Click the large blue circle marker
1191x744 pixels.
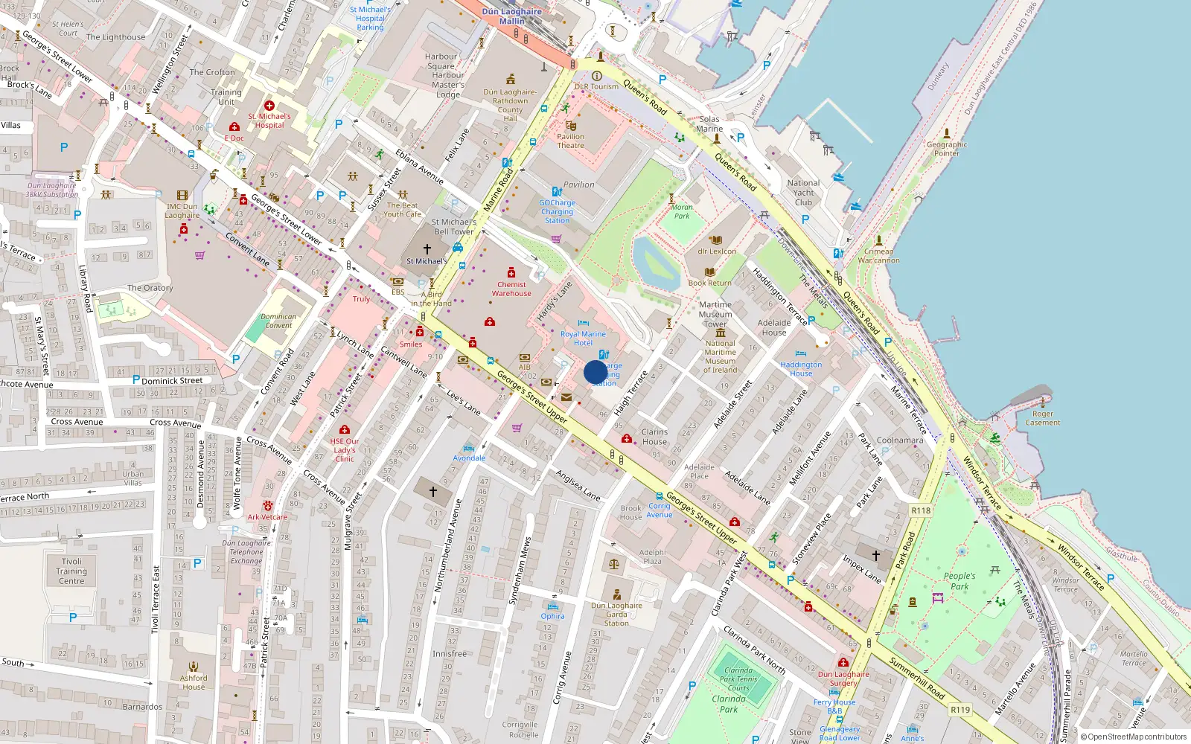(x=595, y=372)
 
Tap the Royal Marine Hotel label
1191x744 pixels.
(x=583, y=339)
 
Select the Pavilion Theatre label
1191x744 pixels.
(x=570, y=141)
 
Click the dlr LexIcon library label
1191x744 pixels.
(x=717, y=251)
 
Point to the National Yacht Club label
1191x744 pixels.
(x=803, y=193)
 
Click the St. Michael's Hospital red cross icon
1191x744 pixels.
(x=269, y=106)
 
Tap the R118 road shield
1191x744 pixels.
(x=921, y=510)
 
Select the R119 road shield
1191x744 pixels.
(x=960, y=710)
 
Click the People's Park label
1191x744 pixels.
(x=959, y=581)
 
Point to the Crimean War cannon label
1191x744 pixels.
(x=878, y=256)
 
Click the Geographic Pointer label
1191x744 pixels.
(x=947, y=149)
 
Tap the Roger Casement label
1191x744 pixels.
(x=1042, y=418)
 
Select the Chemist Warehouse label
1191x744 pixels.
(x=511, y=289)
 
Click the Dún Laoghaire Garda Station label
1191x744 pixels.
(x=616, y=615)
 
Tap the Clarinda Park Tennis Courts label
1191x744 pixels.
(x=738, y=679)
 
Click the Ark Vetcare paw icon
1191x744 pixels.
(x=267, y=506)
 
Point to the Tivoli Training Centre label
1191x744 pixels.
(x=71, y=571)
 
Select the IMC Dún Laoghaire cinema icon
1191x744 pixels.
(x=182, y=196)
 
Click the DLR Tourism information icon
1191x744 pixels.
(x=596, y=76)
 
